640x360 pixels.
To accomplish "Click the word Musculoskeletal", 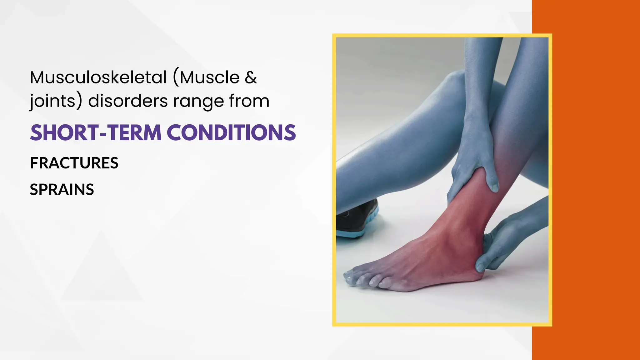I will [x=98, y=77].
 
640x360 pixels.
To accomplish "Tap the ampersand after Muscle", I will [x=251, y=77].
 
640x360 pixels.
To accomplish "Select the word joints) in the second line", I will [x=56, y=101].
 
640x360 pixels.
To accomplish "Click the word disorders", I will [x=128, y=101].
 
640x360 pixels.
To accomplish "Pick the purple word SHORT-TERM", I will [x=96, y=133].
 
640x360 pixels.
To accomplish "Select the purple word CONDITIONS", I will [x=233, y=133].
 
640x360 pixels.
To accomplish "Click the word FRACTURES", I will [x=74, y=163].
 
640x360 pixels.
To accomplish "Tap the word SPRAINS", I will [x=62, y=190].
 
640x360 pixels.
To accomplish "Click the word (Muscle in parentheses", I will [x=207, y=77].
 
